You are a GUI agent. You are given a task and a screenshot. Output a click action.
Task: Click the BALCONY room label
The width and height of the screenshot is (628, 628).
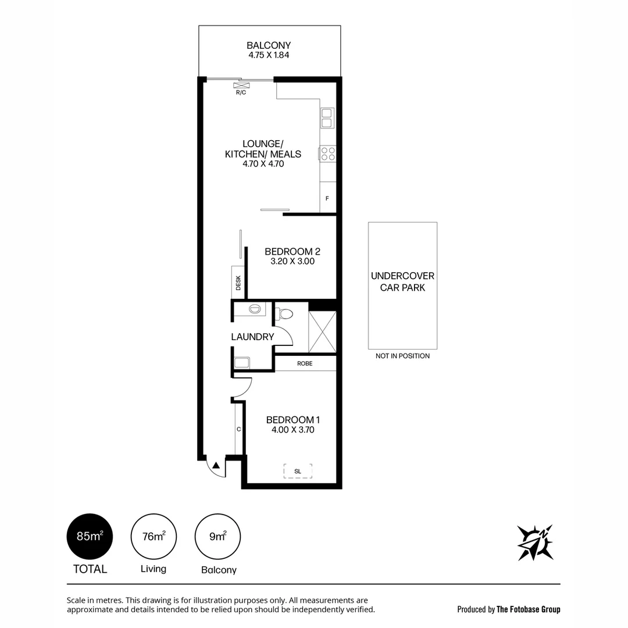(269, 45)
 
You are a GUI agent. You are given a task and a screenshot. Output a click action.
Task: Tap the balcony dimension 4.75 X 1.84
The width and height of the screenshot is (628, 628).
(269, 56)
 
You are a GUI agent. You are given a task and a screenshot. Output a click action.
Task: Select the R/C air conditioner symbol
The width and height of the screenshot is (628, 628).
(241, 85)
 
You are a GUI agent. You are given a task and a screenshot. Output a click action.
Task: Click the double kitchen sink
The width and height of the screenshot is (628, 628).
(326, 118)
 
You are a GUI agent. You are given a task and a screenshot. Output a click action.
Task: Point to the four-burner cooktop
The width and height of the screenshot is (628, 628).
(327, 154)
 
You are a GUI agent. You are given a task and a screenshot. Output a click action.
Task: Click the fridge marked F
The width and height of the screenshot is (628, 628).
(327, 198)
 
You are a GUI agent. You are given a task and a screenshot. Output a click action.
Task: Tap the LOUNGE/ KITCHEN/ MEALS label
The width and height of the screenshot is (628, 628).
(263, 154)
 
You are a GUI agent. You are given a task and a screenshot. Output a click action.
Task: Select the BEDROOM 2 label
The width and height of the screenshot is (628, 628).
(292, 251)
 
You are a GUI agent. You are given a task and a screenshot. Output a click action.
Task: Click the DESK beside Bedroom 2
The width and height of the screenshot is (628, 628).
(238, 282)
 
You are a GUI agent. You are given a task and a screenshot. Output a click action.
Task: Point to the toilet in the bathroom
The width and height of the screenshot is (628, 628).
(285, 314)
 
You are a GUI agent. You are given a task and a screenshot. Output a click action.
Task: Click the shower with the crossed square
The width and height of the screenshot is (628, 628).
(322, 332)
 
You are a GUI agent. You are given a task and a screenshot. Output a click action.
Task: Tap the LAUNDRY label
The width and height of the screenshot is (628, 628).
(252, 337)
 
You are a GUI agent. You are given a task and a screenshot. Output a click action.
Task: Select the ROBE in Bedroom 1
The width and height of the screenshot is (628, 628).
(305, 363)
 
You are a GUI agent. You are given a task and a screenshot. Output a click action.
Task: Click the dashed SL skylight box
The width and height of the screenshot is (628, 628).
(298, 471)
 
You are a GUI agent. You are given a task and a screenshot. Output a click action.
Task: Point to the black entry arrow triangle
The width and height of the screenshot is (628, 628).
(216, 465)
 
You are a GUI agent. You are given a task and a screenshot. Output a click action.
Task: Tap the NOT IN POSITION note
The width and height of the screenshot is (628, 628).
(402, 356)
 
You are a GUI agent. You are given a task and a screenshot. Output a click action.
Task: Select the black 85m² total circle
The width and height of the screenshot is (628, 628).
(90, 537)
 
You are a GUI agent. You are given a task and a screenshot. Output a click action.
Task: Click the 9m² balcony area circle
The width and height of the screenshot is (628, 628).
(218, 537)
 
